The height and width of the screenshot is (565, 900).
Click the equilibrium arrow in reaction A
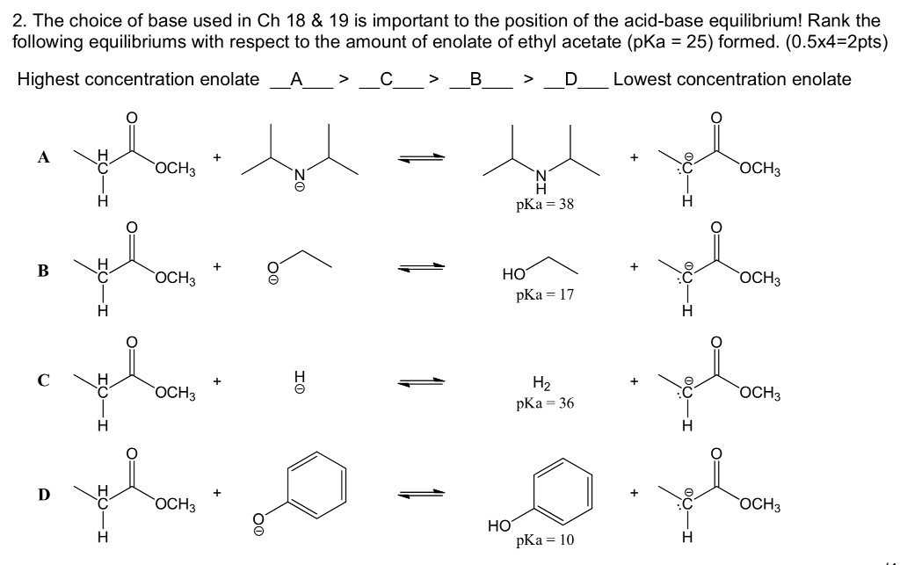[419, 159]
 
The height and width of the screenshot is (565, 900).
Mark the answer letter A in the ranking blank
[296, 80]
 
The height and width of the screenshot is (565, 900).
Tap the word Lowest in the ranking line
[642, 80]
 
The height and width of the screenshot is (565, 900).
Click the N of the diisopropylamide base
[298, 176]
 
